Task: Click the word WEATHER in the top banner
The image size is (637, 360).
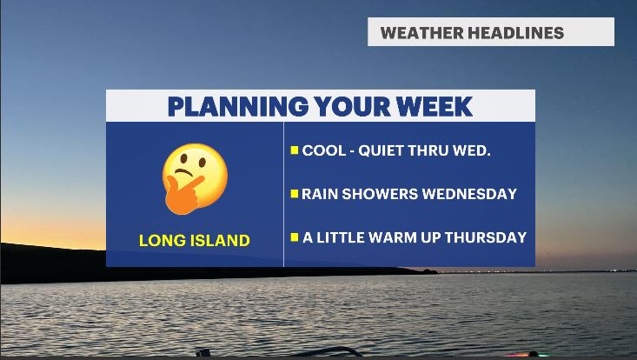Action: [421, 33]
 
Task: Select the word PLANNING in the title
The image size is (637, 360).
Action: [238, 107]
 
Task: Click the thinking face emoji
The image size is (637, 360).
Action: [195, 179]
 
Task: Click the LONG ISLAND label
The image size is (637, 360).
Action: [194, 241]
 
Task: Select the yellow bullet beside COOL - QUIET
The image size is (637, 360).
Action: [295, 150]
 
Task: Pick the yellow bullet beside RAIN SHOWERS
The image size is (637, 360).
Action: [295, 194]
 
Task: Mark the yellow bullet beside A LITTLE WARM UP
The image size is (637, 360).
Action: [295, 237]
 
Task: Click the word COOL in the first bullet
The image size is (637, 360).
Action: [320, 150]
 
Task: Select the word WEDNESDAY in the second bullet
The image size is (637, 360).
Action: [469, 194]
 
